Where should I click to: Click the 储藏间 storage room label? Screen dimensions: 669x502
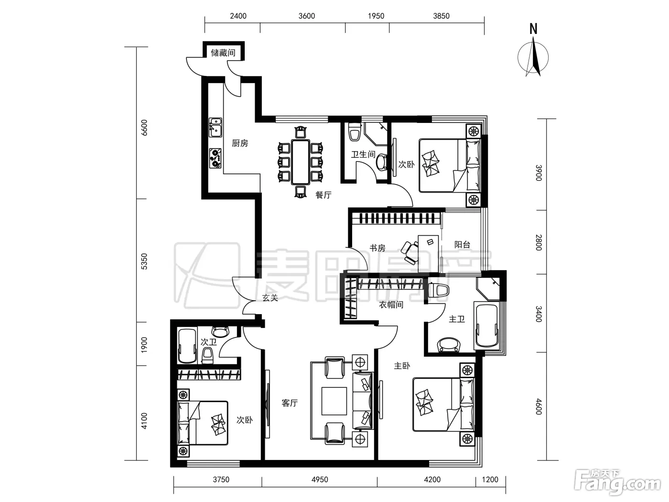coord(223,53)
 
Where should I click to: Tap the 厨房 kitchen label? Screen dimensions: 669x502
coord(240,143)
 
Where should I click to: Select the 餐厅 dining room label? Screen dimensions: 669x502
coord(324,195)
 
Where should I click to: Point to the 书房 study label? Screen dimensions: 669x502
coord(378,248)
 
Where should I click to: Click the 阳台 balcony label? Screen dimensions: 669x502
coord(462,244)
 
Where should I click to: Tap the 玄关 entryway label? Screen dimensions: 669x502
coord(270,297)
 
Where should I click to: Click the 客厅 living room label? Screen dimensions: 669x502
coord(290,403)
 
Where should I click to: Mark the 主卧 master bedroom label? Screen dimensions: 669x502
coord(402,365)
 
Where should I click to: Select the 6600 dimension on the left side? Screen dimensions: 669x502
coord(144,128)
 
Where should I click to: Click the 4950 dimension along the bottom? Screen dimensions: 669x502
coord(319,480)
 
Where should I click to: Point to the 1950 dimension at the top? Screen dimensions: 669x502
coord(376,16)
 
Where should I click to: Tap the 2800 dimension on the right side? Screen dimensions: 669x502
coord(539,242)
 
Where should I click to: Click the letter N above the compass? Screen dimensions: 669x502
coord(533,29)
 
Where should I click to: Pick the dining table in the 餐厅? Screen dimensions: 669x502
coord(300,162)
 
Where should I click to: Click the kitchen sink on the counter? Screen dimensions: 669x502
coord(215,127)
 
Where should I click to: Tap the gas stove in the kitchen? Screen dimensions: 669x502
coord(215,158)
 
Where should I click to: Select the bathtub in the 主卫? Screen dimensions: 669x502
coord(486,326)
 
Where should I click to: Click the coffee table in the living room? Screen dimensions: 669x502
coord(334,401)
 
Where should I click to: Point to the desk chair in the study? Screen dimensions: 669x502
coord(410,252)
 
